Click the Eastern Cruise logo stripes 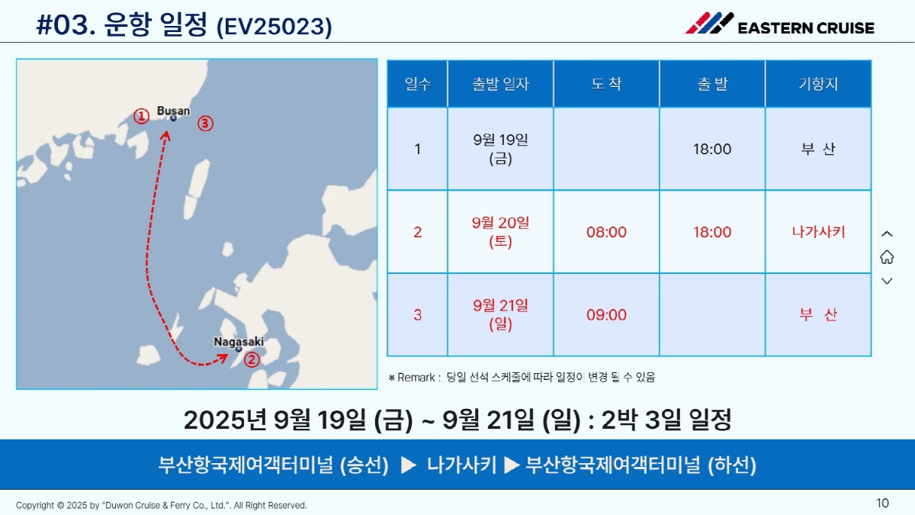tap(709, 23)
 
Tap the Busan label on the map tap(173, 111)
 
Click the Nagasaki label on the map tap(239, 342)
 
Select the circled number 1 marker tap(141, 117)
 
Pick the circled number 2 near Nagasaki tap(252, 359)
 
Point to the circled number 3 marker tap(205, 124)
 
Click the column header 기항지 tap(818, 84)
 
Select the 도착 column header tap(607, 84)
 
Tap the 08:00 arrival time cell tap(607, 232)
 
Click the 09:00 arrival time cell tap(607, 314)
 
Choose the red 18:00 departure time tap(712, 232)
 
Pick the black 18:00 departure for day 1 tap(712, 150)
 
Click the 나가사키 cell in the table tap(818, 232)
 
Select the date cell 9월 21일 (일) tap(500, 314)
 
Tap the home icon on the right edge tap(887, 257)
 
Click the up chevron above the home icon tap(887, 233)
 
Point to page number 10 tap(882, 503)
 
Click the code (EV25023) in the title tap(274, 27)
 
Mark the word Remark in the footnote tap(416, 377)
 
